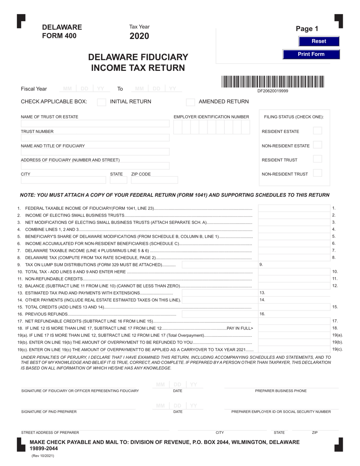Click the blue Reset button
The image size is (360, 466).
point(319,41)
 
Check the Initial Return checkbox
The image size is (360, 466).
point(102,102)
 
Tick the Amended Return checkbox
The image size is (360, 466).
point(191,102)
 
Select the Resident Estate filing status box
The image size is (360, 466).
point(318,131)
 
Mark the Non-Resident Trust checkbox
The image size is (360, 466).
point(318,174)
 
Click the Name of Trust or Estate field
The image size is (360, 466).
point(95,124)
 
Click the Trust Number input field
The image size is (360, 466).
point(95,138)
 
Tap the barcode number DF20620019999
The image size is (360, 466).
point(272,91)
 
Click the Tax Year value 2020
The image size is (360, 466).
point(139,36)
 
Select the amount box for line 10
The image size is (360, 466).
point(294,272)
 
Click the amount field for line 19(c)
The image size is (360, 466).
point(294,349)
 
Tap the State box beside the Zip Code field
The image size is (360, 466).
point(118,181)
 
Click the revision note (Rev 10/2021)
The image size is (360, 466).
point(43,456)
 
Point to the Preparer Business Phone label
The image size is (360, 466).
point(281,391)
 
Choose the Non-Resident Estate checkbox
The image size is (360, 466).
point(318,145)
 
